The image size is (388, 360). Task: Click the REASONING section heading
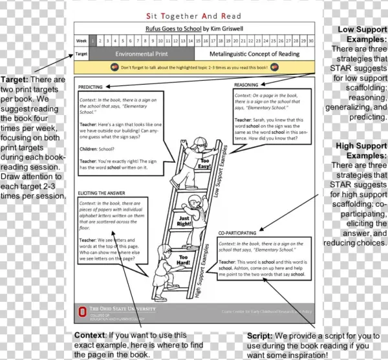246,85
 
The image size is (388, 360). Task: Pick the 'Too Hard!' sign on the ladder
166,261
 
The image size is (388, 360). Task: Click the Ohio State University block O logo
83,312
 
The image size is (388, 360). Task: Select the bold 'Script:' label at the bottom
261,336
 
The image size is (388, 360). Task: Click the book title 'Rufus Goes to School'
173,28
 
